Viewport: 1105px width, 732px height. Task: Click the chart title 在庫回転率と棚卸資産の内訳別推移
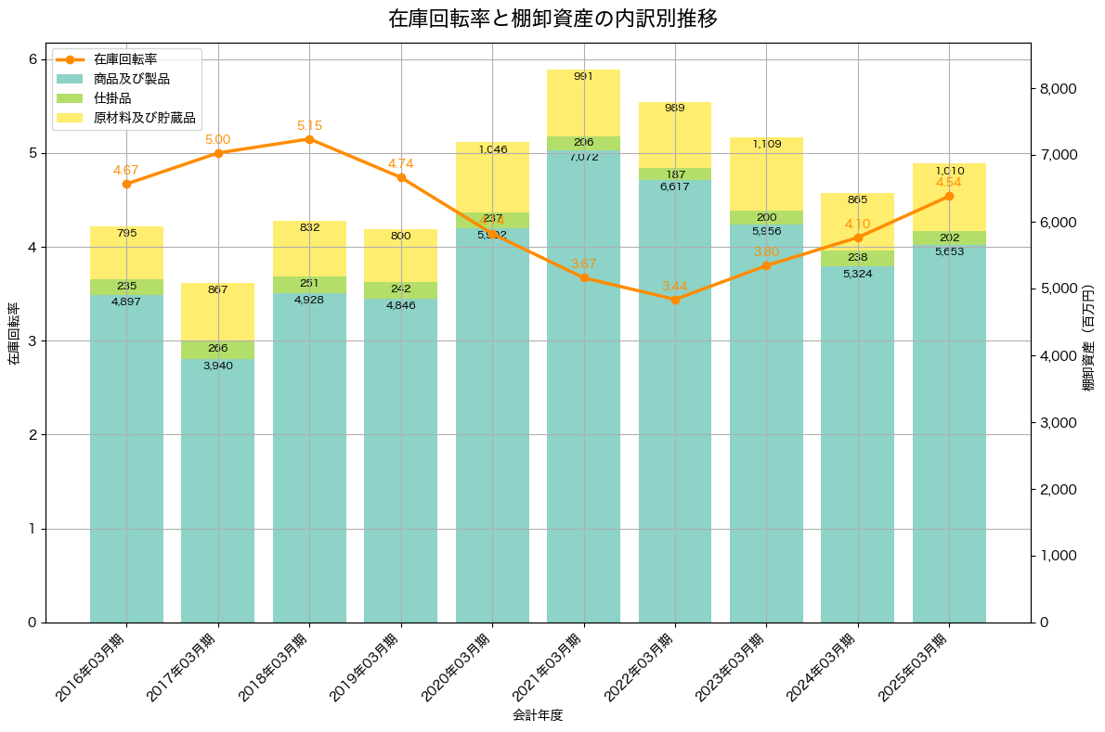click(x=552, y=19)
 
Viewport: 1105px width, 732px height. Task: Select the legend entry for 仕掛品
click(x=112, y=98)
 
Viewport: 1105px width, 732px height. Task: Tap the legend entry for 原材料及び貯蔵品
click(x=144, y=118)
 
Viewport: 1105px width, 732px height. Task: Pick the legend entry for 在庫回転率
click(x=125, y=59)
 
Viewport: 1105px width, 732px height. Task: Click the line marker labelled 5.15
click(x=309, y=139)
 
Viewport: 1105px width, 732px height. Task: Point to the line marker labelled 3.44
click(x=675, y=300)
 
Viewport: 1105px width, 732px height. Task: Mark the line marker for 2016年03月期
click(x=126, y=184)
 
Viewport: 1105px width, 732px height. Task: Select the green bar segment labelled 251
click(x=309, y=284)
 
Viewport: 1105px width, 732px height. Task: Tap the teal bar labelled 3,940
click(x=217, y=492)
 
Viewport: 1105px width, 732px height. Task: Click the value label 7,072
click(x=583, y=158)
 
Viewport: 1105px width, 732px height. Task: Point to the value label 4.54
click(x=948, y=183)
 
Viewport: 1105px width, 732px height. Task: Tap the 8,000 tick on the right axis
click(x=1058, y=89)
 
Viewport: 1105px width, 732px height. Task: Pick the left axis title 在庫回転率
click(x=13, y=333)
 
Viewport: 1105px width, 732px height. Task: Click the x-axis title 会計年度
click(x=538, y=715)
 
